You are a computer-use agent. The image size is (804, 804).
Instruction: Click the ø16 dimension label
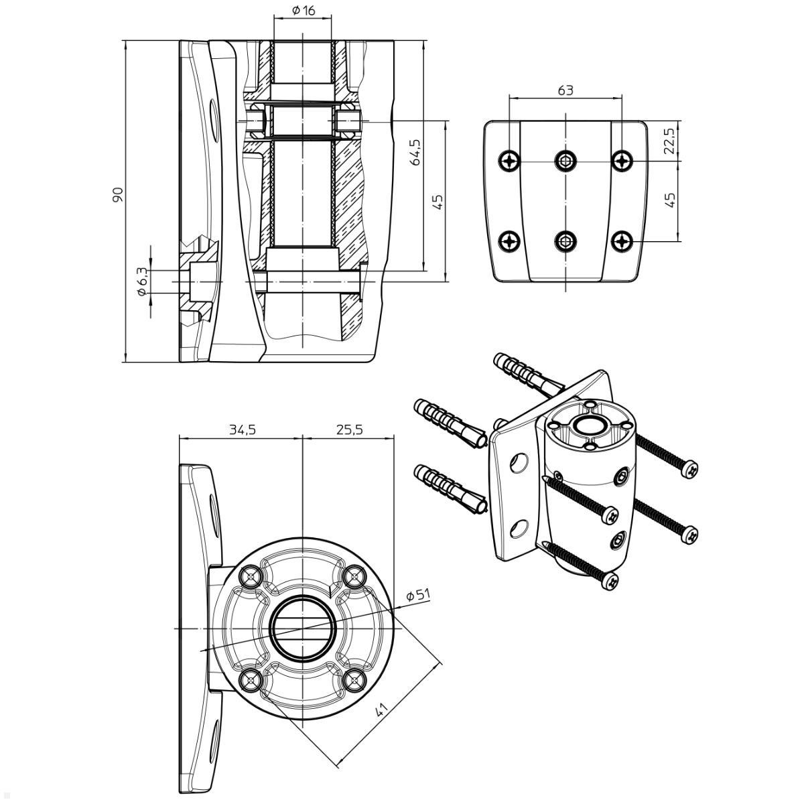pyautogui.click(x=304, y=11)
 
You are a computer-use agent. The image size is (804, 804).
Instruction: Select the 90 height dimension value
pyautogui.click(x=118, y=195)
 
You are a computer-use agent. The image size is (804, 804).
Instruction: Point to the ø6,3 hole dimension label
pyautogui.click(x=141, y=281)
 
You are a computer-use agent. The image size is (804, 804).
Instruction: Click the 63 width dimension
pyautogui.click(x=565, y=90)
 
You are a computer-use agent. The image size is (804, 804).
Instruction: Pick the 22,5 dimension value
pyautogui.click(x=669, y=141)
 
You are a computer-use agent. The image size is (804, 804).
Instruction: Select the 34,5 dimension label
pyautogui.click(x=242, y=429)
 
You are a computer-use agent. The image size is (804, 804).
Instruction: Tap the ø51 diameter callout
pyautogui.click(x=418, y=594)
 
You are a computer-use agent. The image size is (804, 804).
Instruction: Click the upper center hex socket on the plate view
pyautogui.click(x=566, y=161)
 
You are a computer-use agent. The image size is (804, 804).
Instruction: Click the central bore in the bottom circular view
pyautogui.click(x=303, y=628)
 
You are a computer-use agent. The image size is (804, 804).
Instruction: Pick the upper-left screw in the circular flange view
pyautogui.click(x=252, y=576)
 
